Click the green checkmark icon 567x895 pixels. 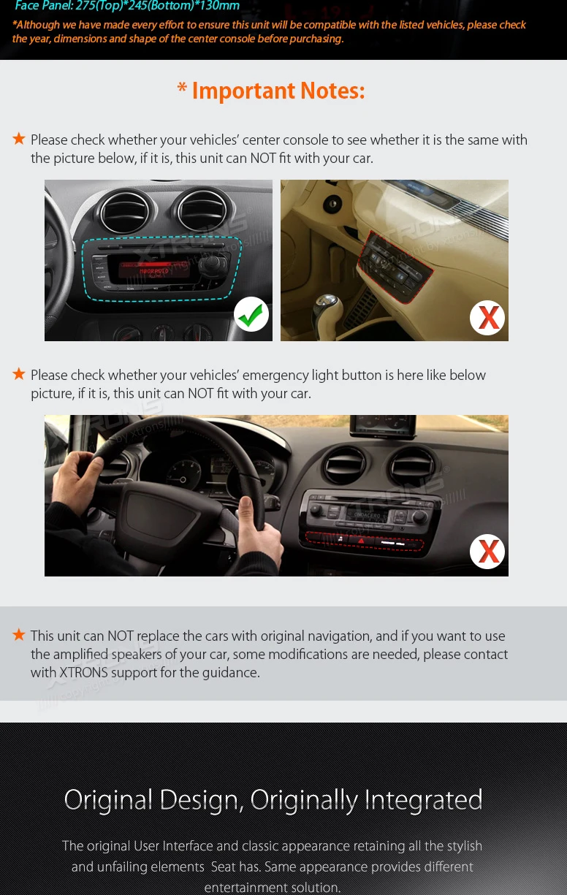tap(251, 314)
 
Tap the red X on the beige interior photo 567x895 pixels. tap(487, 318)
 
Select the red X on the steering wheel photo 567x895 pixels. tap(487, 552)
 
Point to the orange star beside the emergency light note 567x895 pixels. tap(19, 374)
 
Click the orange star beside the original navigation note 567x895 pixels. tap(19, 635)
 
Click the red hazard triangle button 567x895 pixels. tap(360, 541)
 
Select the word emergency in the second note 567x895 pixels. tap(278, 376)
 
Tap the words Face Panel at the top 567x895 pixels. tap(43, 7)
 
